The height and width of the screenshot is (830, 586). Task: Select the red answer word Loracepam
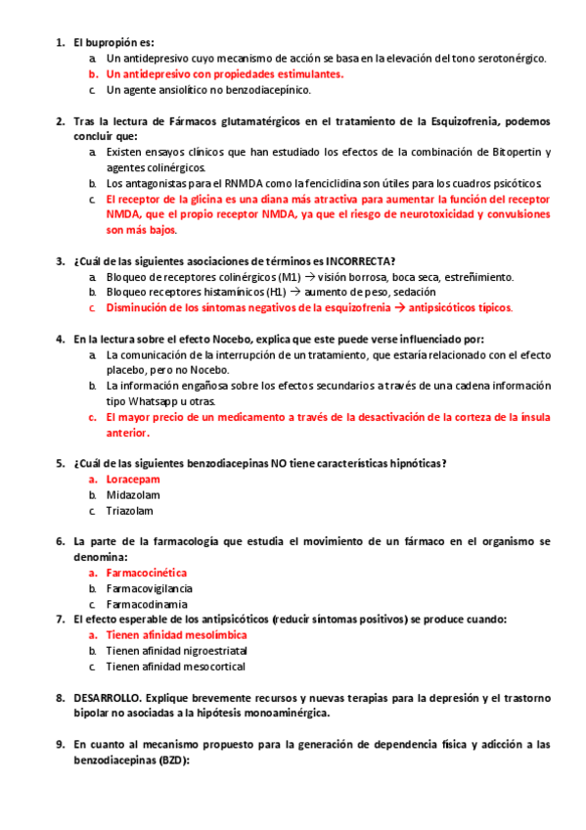click(133, 480)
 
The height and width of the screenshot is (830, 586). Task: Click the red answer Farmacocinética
click(147, 573)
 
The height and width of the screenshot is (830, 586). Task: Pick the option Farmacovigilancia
click(149, 588)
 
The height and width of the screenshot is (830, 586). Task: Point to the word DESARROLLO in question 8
click(107, 698)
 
